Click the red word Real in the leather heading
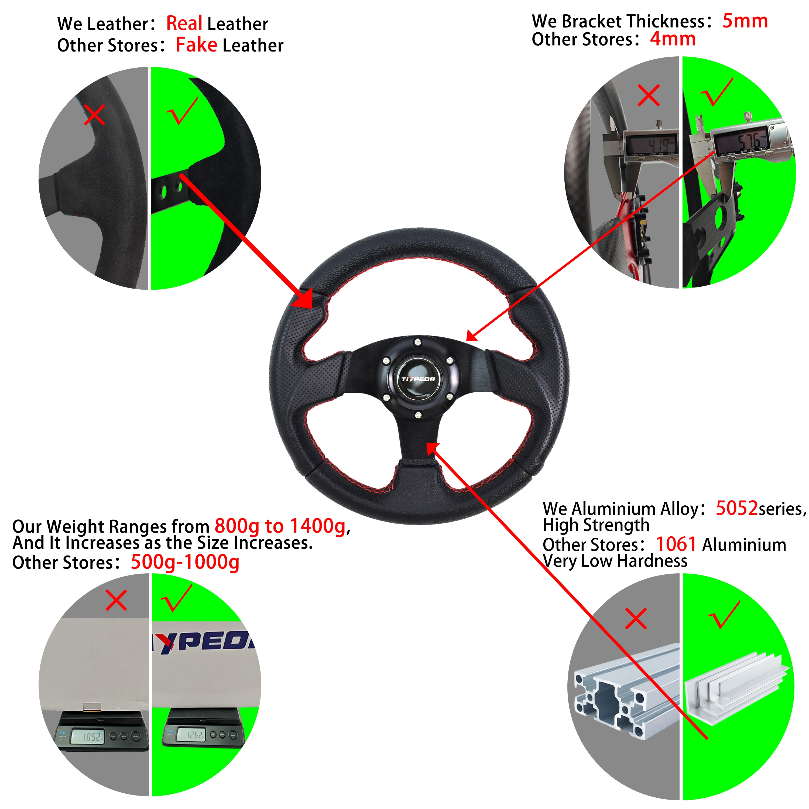coord(184,23)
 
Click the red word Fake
coord(196,45)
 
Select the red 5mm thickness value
coord(745,21)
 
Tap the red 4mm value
coord(673,39)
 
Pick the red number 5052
coord(736,508)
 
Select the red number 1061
coord(676,544)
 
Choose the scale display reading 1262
coord(194,735)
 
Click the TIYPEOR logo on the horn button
coord(418,379)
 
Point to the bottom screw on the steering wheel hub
coord(418,415)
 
